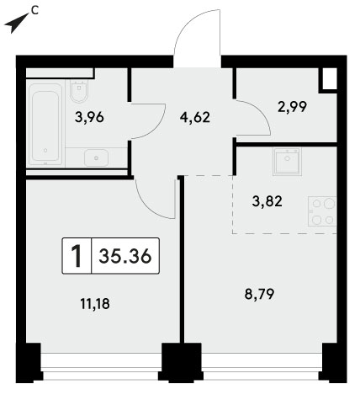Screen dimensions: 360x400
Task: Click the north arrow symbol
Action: pyautogui.click(x=15, y=24)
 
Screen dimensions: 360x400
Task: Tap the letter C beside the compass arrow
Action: pyautogui.click(x=34, y=10)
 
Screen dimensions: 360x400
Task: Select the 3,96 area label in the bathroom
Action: pyautogui.click(x=89, y=117)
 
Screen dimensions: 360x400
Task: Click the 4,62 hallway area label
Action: pyautogui.click(x=195, y=117)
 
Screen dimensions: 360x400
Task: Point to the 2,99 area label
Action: pyautogui.click(x=292, y=107)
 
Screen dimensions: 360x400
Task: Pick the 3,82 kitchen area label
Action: pyautogui.click(x=267, y=201)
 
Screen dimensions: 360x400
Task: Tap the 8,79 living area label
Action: pyautogui.click(x=259, y=294)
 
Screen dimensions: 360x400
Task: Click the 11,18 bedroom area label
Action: pyautogui.click(x=95, y=304)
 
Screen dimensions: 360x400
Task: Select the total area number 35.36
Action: pyautogui.click(x=125, y=256)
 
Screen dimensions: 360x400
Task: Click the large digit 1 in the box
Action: pyautogui.click(x=77, y=256)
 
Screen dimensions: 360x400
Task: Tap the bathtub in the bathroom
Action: pyautogui.click(x=45, y=125)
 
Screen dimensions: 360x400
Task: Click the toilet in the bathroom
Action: pyautogui.click(x=80, y=91)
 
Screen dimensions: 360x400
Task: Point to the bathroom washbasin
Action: pyautogui.click(x=96, y=157)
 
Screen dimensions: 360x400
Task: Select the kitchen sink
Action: pyautogui.click(x=287, y=162)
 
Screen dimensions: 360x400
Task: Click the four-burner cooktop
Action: pyautogui.click(x=322, y=211)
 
